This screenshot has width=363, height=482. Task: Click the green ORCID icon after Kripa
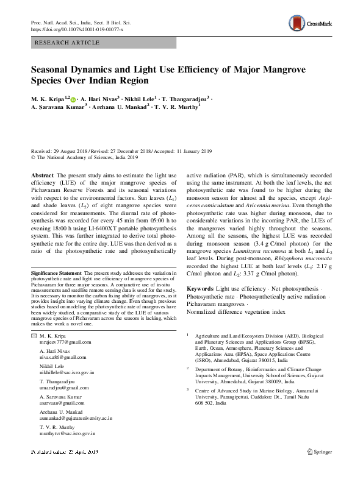tap(73, 98)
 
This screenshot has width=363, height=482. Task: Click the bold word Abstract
tap(42, 175)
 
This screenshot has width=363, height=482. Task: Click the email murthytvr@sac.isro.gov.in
tap(66, 433)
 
